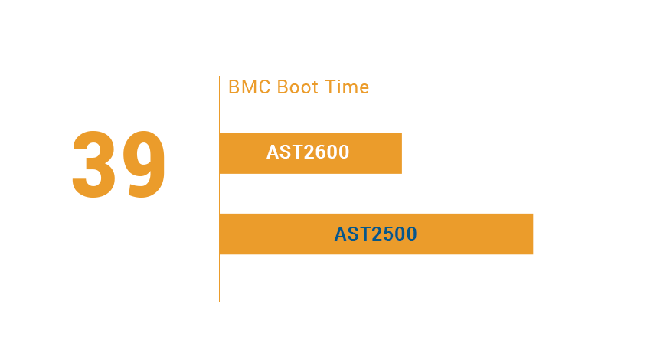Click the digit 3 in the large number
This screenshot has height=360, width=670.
click(x=93, y=164)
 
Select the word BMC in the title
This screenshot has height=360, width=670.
click(x=250, y=87)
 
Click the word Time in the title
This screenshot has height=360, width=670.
click(x=347, y=87)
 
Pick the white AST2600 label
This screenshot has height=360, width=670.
click(x=308, y=152)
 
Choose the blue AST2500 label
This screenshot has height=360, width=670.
click(x=376, y=234)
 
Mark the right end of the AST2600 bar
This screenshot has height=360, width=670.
click(x=402, y=153)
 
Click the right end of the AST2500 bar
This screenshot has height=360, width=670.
click(x=533, y=234)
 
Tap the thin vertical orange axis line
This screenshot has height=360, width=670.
click(x=219, y=188)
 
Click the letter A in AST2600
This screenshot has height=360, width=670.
click(x=273, y=152)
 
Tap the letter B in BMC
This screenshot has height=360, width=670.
click(x=234, y=87)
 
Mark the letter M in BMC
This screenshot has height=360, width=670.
click(x=250, y=87)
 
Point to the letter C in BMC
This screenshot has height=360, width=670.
click(x=265, y=87)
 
